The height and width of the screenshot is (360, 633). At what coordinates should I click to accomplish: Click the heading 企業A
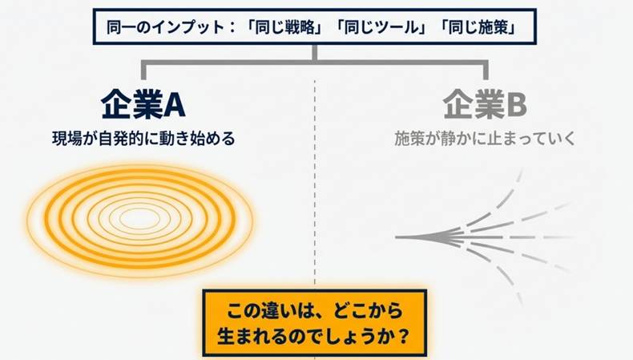tap(143, 104)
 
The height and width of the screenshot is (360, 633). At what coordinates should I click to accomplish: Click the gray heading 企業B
tap(485, 104)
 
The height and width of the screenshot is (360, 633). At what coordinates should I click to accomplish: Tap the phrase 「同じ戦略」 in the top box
tap(284, 27)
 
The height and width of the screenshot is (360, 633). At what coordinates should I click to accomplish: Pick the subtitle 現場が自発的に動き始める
tap(143, 139)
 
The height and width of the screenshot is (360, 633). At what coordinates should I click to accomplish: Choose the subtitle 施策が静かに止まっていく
tap(485, 139)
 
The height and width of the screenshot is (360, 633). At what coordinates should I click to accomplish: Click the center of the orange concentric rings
tap(139, 220)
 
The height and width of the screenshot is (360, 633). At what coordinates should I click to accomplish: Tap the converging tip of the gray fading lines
tap(397, 237)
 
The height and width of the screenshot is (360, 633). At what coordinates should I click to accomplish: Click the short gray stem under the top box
tap(315, 53)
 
